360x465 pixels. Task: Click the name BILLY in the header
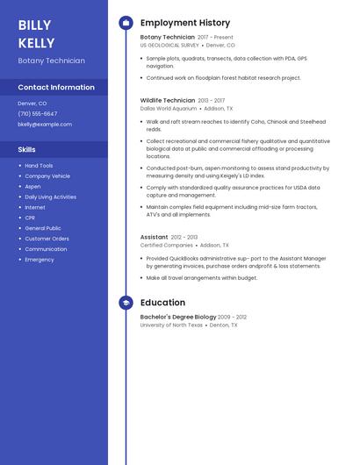click(34, 25)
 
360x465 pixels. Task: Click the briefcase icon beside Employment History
click(126, 23)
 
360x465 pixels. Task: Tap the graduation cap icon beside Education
click(126, 303)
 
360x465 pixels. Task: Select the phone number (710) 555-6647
click(38, 114)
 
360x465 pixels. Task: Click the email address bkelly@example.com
click(45, 125)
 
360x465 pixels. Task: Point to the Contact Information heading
click(56, 88)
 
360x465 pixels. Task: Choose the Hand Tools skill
click(39, 166)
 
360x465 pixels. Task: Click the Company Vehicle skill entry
click(47, 176)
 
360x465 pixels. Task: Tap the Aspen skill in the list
click(32, 187)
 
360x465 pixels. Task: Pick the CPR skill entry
click(30, 218)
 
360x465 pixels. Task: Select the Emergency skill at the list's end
click(40, 260)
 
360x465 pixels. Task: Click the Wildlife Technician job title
click(168, 101)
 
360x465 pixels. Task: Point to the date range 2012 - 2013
click(184, 238)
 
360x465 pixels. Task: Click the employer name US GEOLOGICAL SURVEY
click(169, 45)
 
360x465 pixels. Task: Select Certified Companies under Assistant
click(167, 246)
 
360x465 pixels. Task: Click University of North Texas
click(171, 325)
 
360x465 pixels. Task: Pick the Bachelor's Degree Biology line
click(178, 317)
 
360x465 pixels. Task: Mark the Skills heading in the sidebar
click(26, 150)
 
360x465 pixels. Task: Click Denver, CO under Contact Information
click(32, 104)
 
